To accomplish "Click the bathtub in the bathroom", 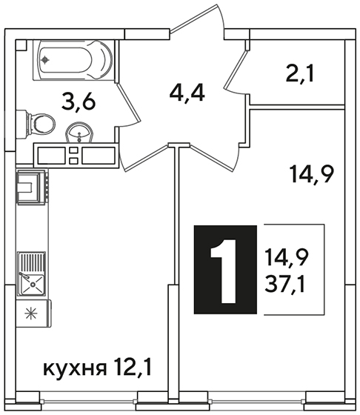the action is tap(73, 60).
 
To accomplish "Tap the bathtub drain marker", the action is tap(45, 60).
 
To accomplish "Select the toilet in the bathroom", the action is tap(36, 124).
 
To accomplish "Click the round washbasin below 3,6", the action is tap(79, 133).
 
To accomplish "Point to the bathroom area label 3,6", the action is tap(78, 103).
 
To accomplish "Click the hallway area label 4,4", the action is tap(187, 93).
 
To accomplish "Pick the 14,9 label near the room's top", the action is tap(312, 174).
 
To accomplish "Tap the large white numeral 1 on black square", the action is tap(224, 270).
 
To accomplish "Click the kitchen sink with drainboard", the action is tap(32, 274).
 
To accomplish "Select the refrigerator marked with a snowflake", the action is tap(33, 313).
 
